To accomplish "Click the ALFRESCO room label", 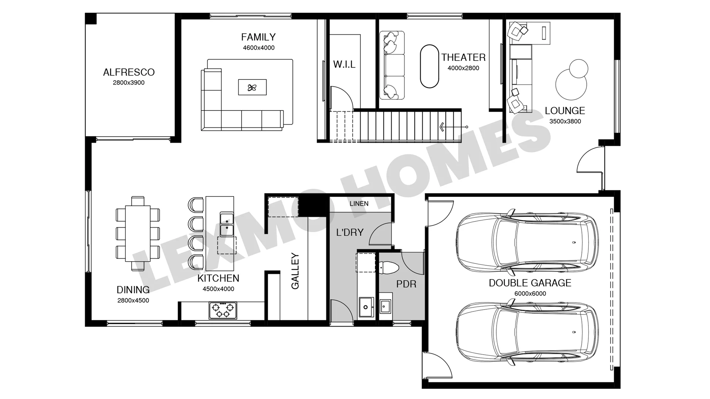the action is tap(129, 72).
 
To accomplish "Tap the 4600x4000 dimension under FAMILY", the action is tap(258, 48).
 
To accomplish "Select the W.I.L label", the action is tap(344, 64).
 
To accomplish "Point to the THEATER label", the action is tap(463, 57).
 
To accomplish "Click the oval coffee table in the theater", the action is tap(430, 66).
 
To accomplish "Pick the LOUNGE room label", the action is tap(565, 110).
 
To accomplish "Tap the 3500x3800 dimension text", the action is tap(565, 121).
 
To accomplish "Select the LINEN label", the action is tap(359, 204).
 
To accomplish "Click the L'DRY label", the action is tap(350, 232).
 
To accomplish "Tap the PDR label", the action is tap(406, 284).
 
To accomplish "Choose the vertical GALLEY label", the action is tap(295, 271).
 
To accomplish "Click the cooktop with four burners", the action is tap(223, 310).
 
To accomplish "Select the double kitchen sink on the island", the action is tap(227, 224).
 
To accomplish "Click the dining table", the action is tap(138, 233).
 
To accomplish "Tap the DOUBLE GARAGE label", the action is tap(530, 283).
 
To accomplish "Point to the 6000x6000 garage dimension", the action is tap(530, 294).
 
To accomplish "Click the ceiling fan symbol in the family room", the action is tap(252, 88).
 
